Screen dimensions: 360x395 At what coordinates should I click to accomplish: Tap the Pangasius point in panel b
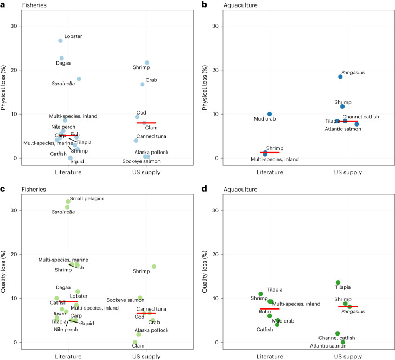[x=340, y=77]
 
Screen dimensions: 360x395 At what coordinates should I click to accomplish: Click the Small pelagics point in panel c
[x=68, y=201]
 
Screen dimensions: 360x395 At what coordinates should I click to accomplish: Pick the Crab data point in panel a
[x=142, y=84]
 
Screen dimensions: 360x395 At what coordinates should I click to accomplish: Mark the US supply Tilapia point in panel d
[x=338, y=282]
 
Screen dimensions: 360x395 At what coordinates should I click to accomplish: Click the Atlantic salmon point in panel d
[x=343, y=343]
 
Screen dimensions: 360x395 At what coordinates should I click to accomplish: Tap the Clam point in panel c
[x=135, y=343]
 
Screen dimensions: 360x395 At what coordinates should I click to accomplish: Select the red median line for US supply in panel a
[x=146, y=123]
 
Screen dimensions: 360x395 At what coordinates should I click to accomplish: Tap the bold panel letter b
[x=203, y=4]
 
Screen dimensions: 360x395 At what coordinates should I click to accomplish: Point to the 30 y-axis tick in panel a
[x=17, y=26]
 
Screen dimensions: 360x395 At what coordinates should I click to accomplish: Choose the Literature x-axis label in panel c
[x=68, y=356]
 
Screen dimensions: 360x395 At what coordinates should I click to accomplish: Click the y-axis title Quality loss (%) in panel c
[x=5, y=270]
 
